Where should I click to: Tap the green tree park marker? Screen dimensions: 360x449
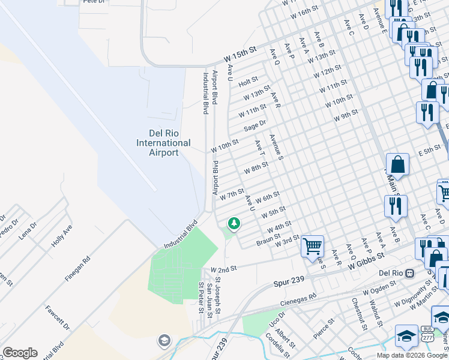(x=234, y=224)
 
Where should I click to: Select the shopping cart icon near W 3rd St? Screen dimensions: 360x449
(x=312, y=245)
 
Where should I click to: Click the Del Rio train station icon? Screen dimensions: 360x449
(x=410, y=273)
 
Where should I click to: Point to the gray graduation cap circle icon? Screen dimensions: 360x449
(x=164, y=341)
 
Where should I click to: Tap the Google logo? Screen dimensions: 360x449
(x=20, y=353)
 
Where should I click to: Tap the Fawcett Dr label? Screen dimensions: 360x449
(x=58, y=318)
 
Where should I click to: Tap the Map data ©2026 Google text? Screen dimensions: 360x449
(x=412, y=355)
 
